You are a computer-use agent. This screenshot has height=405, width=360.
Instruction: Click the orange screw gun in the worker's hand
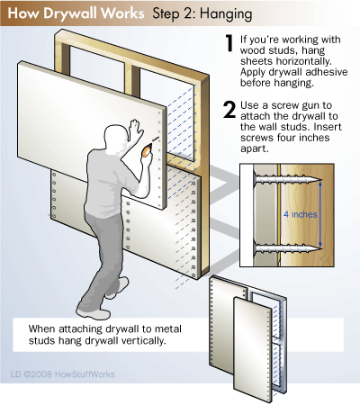[x=147, y=149]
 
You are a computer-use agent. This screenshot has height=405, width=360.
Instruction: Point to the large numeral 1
[x=229, y=43]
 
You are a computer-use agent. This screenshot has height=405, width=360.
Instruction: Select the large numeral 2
[x=229, y=110]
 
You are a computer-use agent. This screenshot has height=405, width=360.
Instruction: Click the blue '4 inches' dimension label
[x=301, y=214]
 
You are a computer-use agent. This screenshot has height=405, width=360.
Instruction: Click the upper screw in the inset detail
[x=287, y=180]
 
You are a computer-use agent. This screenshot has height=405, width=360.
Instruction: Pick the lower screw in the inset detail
[x=287, y=247]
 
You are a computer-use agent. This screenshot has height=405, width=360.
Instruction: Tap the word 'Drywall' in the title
[x=71, y=13]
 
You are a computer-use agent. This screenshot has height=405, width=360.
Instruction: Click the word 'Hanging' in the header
[x=226, y=14]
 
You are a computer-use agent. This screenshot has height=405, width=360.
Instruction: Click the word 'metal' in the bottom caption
[x=168, y=328]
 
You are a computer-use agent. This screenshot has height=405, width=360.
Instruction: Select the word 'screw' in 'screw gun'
[x=285, y=105]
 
